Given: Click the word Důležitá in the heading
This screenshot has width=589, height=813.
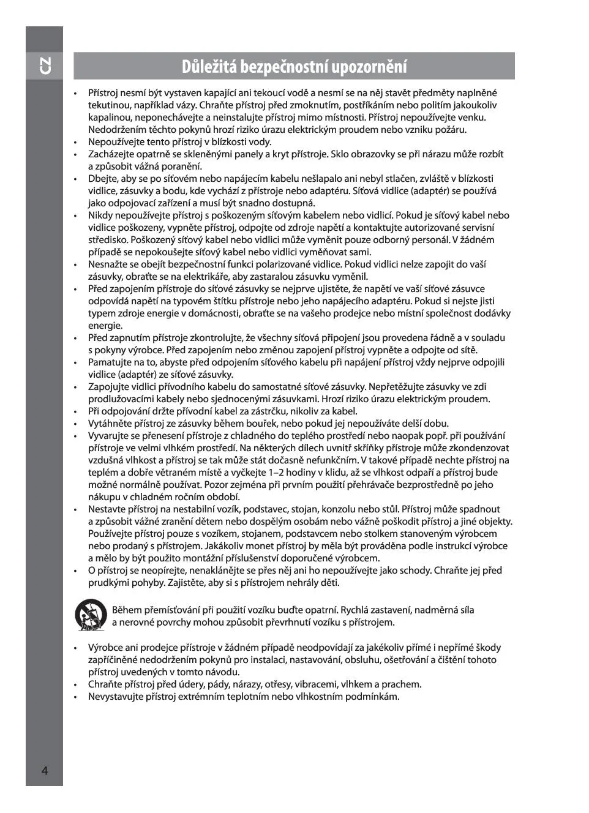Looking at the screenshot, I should (x=209, y=66).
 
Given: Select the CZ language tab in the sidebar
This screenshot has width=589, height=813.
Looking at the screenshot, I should (x=44, y=66).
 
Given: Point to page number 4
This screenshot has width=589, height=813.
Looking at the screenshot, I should (x=44, y=770).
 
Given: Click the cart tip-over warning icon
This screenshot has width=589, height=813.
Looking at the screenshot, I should (x=91, y=615).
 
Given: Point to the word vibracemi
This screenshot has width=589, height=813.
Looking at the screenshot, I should (x=313, y=684).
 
